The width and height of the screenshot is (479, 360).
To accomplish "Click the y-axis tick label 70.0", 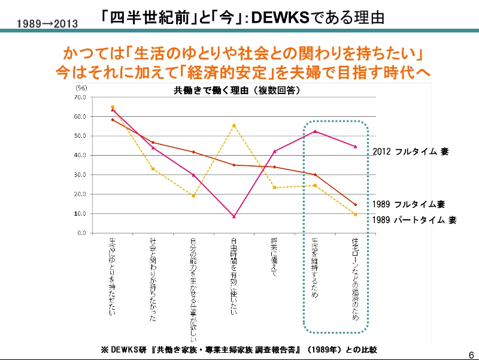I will (x=81, y=97).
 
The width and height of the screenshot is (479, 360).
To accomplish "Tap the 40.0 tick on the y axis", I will (x=81, y=155).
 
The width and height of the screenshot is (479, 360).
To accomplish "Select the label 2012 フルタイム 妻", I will (x=410, y=152).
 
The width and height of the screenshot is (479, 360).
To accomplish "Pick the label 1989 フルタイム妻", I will (x=408, y=204).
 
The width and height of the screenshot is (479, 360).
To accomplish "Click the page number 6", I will (x=471, y=353).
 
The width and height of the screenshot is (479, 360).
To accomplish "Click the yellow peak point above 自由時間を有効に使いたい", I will (x=234, y=126).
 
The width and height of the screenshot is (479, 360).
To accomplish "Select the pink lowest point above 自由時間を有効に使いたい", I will (x=234, y=216).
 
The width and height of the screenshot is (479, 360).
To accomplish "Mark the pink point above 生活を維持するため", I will (x=315, y=131).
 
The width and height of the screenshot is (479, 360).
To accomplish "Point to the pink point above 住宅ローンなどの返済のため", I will (x=356, y=146).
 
